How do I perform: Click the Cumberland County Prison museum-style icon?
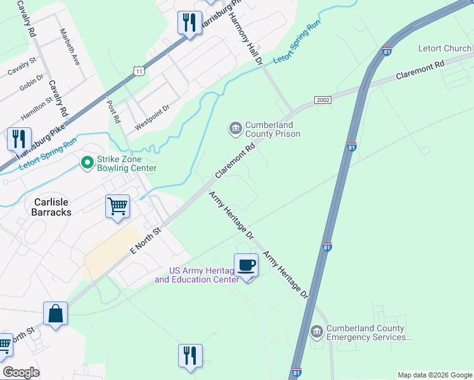(235, 129)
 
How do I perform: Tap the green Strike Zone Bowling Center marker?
(87, 163)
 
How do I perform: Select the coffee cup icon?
(246, 265)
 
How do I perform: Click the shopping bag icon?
(55, 313)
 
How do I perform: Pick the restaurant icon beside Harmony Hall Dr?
(189, 24)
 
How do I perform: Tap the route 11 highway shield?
(139, 71)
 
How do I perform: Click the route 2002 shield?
(323, 101)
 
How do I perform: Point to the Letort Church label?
(444, 48)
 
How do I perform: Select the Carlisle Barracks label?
(51, 207)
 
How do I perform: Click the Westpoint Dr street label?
(153, 118)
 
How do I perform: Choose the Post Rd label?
(114, 111)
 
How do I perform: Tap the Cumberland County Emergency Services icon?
(316, 331)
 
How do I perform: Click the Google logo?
(21, 372)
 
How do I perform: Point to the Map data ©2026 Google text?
(434, 375)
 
